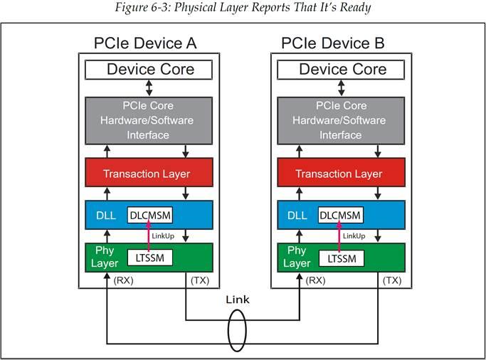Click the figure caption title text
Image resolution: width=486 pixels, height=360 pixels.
pyautogui.click(x=243, y=8)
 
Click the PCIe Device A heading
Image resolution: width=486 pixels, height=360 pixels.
pyautogui.click(x=145, y=43)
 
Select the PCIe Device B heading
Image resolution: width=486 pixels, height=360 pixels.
pyautogui.click(x=333, y=43)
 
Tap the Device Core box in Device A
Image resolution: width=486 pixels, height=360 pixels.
pyautogui.click(x=149, y=69)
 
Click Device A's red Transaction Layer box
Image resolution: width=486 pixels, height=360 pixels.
pyautogui.click(x=149, y=174)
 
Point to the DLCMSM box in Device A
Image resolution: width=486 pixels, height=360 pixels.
pyautogui.click(x=150, y=215)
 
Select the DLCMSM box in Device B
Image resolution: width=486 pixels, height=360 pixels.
pyautogui.click(x=340, y=215)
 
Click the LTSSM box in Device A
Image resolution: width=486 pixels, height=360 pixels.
pyautogui.click(x=149, y=257)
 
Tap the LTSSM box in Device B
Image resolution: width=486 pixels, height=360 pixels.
pyautogui.click(x=340, y=257)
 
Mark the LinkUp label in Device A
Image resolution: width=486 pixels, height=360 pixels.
pyautogui.click(x=164, y=235)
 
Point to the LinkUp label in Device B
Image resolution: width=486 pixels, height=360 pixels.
pyautogui.click(x=354, y=235)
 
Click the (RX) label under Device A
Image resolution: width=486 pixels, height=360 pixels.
pyautogui.click(x=124, y=280)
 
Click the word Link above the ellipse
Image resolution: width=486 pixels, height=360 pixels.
pyautogui.click(x=238, y=300)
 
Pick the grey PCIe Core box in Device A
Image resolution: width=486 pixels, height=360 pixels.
pyautogui.click(x=149, y=120)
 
